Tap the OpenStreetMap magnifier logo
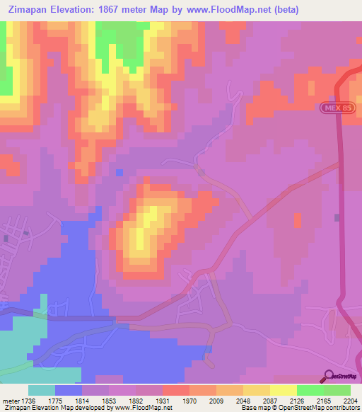329,376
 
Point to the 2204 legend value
351,401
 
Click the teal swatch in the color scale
42,390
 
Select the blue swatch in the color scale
69,390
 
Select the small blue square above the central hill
119,173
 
